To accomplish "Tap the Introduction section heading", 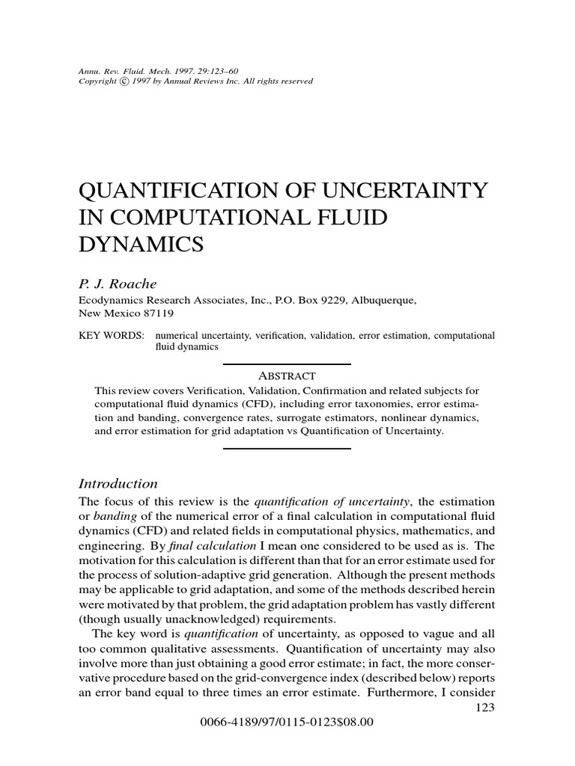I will tap(118, 483).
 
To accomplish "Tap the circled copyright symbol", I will tap(122, 81).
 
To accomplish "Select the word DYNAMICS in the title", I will tap(142, 244).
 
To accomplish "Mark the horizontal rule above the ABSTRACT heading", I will tap(287, 364).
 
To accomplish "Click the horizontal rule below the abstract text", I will tap(287, 447).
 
